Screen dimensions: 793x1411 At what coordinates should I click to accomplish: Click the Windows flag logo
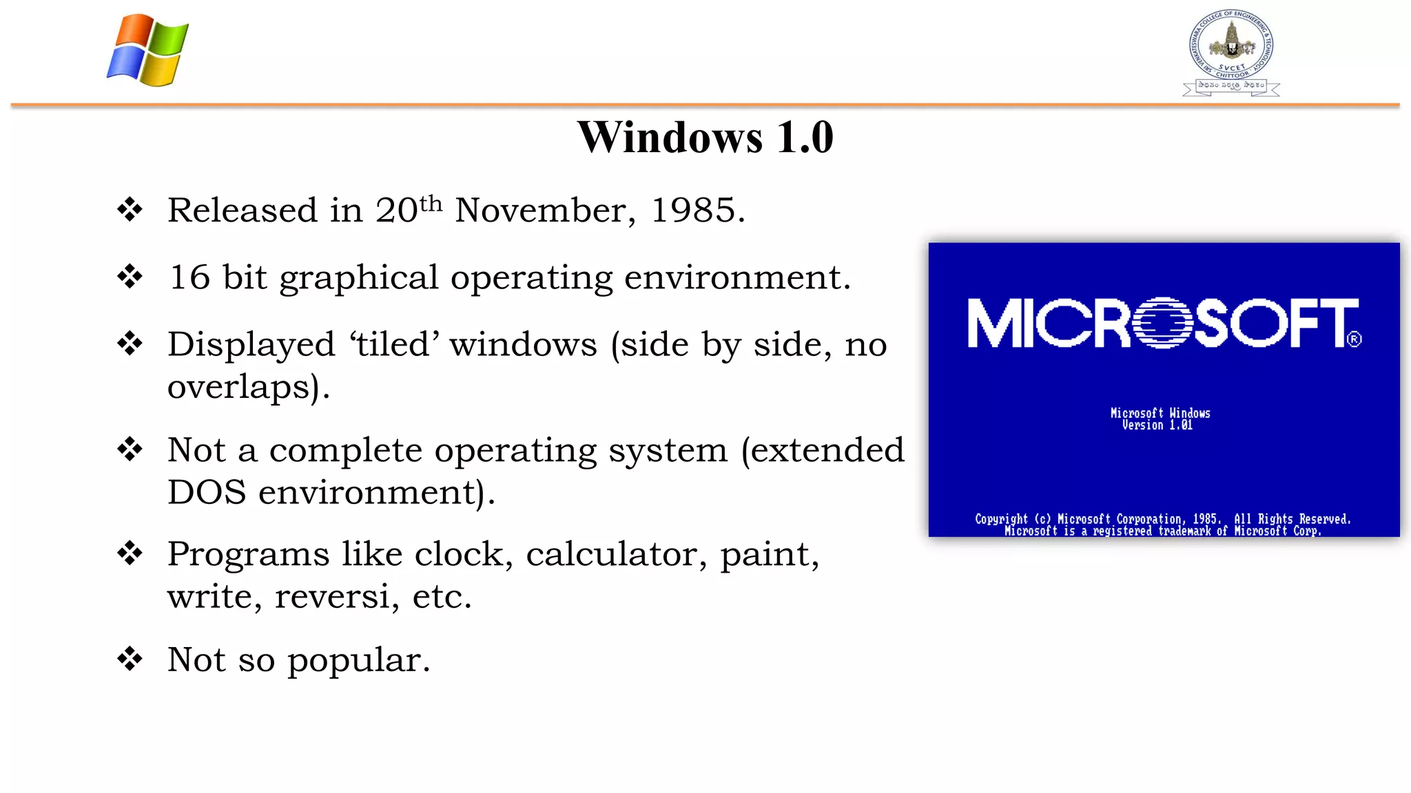click(147, 50)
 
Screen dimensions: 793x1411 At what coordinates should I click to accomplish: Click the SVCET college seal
click(1231, 52)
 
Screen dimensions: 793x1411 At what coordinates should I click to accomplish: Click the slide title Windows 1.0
click(705, 137)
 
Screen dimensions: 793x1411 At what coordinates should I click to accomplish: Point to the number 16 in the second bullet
click(189, 277)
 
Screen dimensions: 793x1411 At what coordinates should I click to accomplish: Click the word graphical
click(358, 279)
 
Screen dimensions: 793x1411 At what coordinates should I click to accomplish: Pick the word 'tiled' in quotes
click(394, 344)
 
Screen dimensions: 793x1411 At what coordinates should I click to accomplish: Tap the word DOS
click(207, 492)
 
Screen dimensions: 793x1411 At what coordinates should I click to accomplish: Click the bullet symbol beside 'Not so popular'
click(130, 659)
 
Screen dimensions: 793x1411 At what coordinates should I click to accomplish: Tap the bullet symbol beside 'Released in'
click(130, 209)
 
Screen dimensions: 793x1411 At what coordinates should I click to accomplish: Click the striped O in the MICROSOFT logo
click(1163, 323)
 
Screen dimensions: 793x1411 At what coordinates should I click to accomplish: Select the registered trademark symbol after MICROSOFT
click(1354, 339)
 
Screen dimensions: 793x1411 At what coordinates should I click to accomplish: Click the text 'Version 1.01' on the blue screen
click(1157, 425)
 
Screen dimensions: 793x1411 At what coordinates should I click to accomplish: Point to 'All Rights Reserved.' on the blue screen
click(1292, 519)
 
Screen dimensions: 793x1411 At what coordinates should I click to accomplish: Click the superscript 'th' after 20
click(431, 204)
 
